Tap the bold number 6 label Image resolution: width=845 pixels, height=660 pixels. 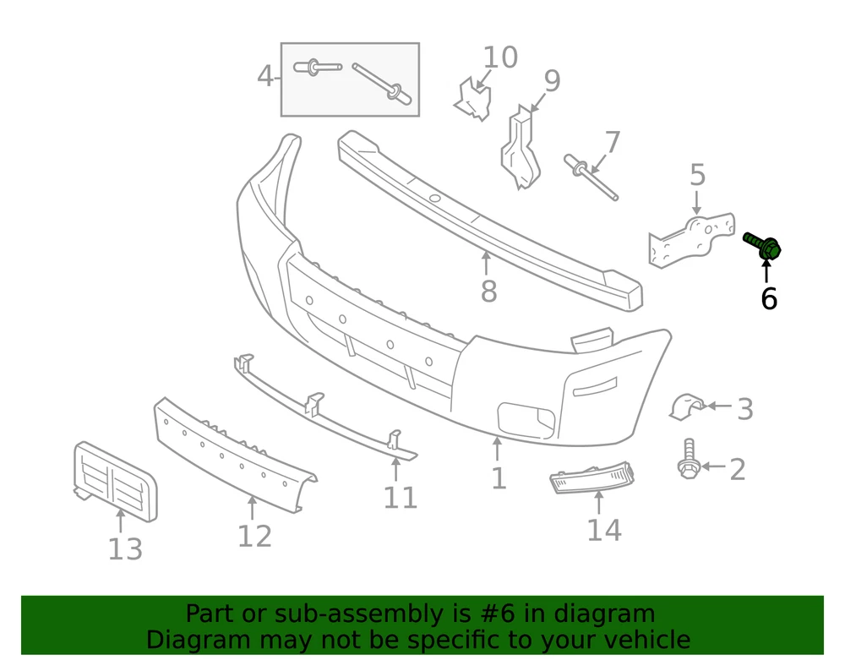(768, 298)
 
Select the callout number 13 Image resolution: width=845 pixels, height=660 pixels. (125, 549)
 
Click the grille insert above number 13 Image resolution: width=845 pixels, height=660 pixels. (114, 477)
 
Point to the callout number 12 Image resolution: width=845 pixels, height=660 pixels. (254, 535)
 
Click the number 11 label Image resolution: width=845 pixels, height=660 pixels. (400, 498)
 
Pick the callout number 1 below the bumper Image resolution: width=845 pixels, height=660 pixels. (499, 478)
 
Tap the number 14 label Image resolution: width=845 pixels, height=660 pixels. (604, 530)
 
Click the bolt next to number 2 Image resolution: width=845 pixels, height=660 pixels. (688, 460)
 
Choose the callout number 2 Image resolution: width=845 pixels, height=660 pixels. (737, 469)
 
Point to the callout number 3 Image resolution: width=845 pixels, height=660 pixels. (744, 409)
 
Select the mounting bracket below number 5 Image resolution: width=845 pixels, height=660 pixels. (690, 241)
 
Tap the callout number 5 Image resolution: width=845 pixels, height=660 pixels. (697, 176)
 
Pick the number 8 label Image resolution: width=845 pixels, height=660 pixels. (488, 292)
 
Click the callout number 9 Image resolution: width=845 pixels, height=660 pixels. (551, 81)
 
